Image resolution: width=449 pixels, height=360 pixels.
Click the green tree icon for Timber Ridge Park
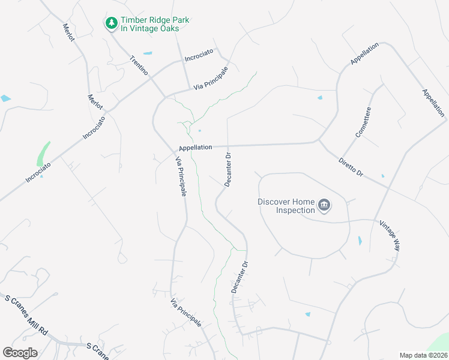point(111,23)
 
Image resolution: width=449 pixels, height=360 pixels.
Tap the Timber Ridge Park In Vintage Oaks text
point(155,24)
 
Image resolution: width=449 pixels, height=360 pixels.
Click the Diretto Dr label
point(351,166)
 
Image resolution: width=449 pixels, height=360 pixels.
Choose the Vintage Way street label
point(389,235)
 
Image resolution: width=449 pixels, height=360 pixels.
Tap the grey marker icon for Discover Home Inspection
point(324,206)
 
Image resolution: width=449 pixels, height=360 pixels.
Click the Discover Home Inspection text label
point(287,206)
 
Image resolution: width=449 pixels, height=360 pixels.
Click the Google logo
point(20,353)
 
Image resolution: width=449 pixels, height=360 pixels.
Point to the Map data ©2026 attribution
point(423,355)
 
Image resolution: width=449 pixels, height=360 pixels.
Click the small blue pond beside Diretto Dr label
point(382,176)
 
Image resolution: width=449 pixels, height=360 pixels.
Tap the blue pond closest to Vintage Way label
point(360,241)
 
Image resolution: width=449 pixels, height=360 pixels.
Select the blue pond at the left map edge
point(5,98)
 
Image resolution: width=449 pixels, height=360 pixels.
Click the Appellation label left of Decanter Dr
point(195,148)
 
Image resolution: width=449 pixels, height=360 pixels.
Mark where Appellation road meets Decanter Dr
point(228,146)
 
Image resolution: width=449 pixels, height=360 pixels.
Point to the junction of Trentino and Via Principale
point(164,96)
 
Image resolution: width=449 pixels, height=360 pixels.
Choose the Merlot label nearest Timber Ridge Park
point(68,32)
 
